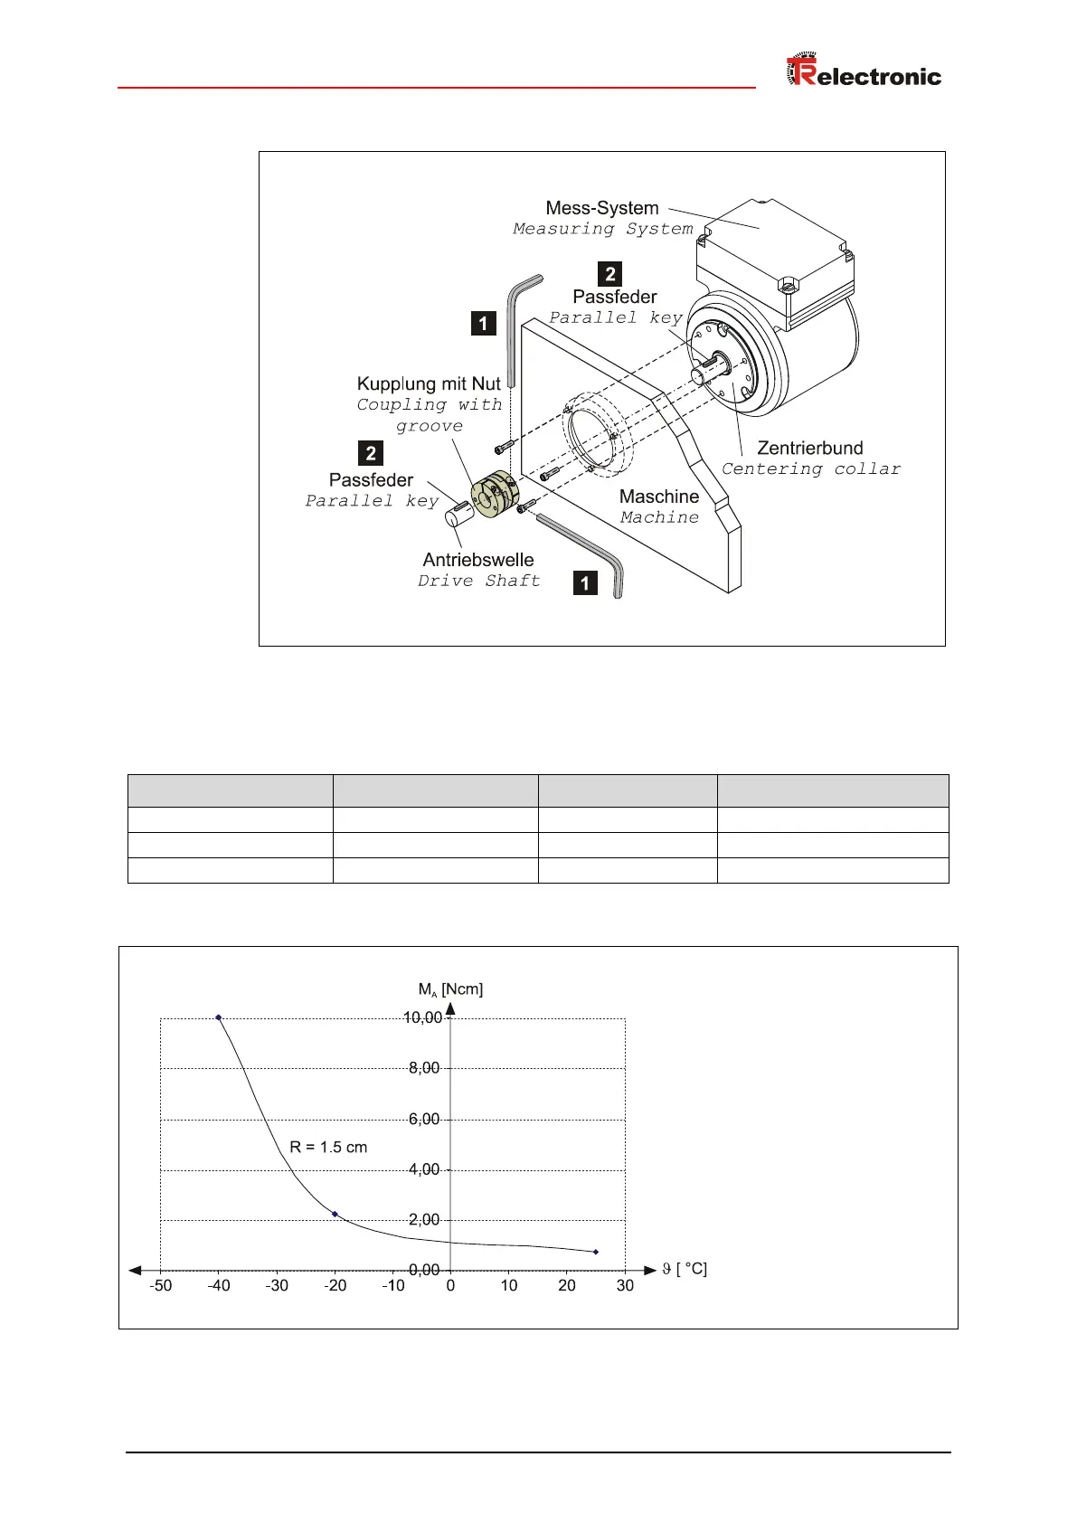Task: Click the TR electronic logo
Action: click(x=864, y=72)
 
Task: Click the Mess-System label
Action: click(x=602, y=208)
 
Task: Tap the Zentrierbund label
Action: click(x=809, y=448)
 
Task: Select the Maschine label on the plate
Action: click(x=659, y=497)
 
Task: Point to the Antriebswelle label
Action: click(x=478, y=560)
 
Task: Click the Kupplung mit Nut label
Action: click(x=429, y=383)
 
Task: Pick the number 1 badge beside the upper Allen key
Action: click(x=484, y=323)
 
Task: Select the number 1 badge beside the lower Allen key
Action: click(x=586, y=582)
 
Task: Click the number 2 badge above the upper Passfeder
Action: click(x=610, y=274)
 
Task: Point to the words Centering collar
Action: click(x=811, y=469)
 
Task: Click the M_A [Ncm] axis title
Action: click(x=450, y=989)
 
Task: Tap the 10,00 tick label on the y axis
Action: click(x=422, y=1017)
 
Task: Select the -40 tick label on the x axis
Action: click(x=219, y=1285)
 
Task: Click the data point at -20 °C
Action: click(x=335, y=1214)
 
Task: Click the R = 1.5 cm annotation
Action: click(x=328, y=1147)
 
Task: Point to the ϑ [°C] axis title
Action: click(x=685, y=1269)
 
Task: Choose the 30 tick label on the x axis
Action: click(x=625, y=1285)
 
